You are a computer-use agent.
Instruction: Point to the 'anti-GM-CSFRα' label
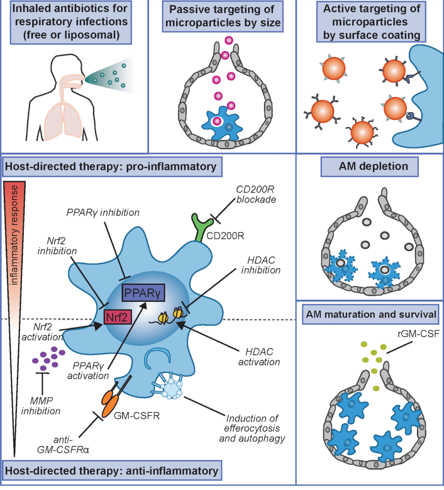coord(71,439)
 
